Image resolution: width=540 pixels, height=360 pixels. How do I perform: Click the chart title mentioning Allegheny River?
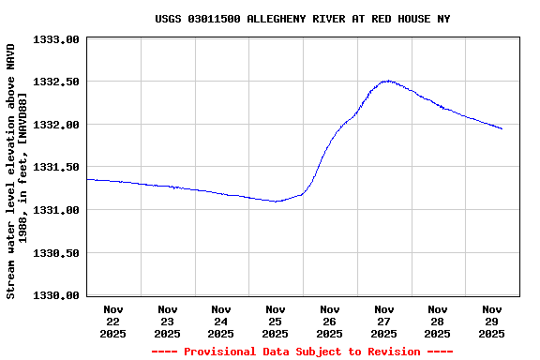click(302, 19)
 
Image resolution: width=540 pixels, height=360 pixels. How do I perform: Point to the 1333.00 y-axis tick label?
click(57, 39)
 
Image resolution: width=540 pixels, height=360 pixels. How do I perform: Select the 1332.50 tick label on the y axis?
click(57, 82)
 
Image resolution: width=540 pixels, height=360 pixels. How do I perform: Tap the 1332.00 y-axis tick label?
click(57, 125)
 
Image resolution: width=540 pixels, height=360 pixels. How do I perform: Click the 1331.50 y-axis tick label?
click(57, 168)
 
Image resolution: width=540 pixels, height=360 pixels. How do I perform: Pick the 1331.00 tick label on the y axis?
click(57, 210)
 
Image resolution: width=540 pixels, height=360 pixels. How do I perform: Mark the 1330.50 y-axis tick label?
click(57, 253)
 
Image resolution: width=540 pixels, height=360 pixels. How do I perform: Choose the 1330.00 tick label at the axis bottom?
click(57, 295)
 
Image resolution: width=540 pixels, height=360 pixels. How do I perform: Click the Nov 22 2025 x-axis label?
click(113, 321)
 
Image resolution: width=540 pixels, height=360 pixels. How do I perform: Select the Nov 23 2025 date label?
click(167, 321)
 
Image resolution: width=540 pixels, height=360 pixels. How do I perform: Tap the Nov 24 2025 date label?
click(221, 321)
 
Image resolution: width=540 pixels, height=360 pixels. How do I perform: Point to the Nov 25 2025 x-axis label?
click(276, 321)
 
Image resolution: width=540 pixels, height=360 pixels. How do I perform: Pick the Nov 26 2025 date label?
click(329, 321)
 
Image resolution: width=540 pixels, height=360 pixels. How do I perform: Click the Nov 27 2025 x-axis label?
click(383, 321)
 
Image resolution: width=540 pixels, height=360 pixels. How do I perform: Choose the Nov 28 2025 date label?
click(437, 321)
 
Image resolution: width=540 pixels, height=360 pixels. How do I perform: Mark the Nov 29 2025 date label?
click(491, 321)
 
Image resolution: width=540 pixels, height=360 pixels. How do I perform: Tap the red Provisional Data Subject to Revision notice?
click(302, 352)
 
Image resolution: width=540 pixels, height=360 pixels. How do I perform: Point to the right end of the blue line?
click(502, 128)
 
